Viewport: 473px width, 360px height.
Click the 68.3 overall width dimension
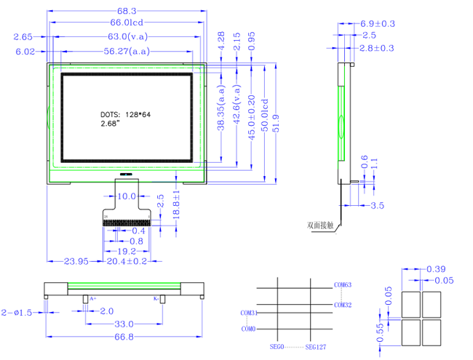(x=127, y=11)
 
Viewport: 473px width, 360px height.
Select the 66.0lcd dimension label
(x=127, y=24)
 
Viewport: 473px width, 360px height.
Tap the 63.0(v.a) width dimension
(x=128, y=36)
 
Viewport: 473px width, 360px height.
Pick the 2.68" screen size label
(x=109, y=124)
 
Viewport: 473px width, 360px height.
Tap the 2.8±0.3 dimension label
(x=378, y=47)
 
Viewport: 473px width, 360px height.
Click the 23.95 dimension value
(x=76, y=260)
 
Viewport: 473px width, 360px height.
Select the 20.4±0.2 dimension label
(x=127, y=260)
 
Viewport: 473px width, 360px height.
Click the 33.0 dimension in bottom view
(x=124, y=323)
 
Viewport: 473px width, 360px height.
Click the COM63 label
(x=343, y=284)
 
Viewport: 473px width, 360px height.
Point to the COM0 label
(x=249, y=329)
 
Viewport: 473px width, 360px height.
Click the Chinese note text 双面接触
(x=320, y=225)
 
